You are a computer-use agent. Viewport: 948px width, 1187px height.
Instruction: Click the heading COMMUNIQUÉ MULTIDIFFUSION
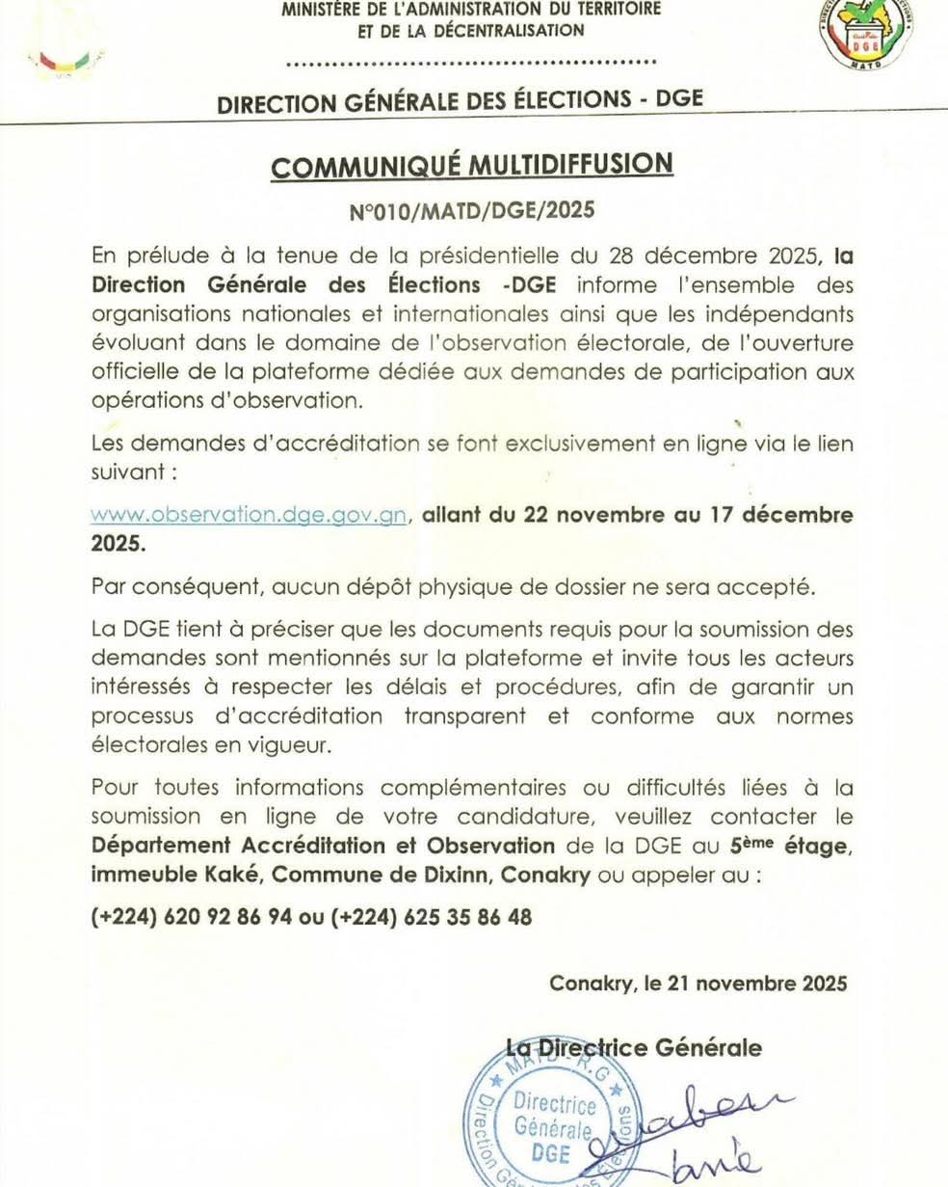(472, 166)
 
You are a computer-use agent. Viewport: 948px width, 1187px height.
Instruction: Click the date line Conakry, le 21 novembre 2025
(698, 984)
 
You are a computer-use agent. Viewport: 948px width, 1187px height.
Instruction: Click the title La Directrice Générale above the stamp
(634, 1047)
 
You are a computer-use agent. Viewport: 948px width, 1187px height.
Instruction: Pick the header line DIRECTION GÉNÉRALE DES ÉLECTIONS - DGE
(461, 101)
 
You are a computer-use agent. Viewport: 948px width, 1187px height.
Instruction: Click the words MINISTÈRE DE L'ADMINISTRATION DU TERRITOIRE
(472, 10)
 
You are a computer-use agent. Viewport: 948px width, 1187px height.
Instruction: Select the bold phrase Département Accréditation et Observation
(323, 846)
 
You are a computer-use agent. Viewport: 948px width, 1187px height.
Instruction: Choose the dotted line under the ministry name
(472, 63)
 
